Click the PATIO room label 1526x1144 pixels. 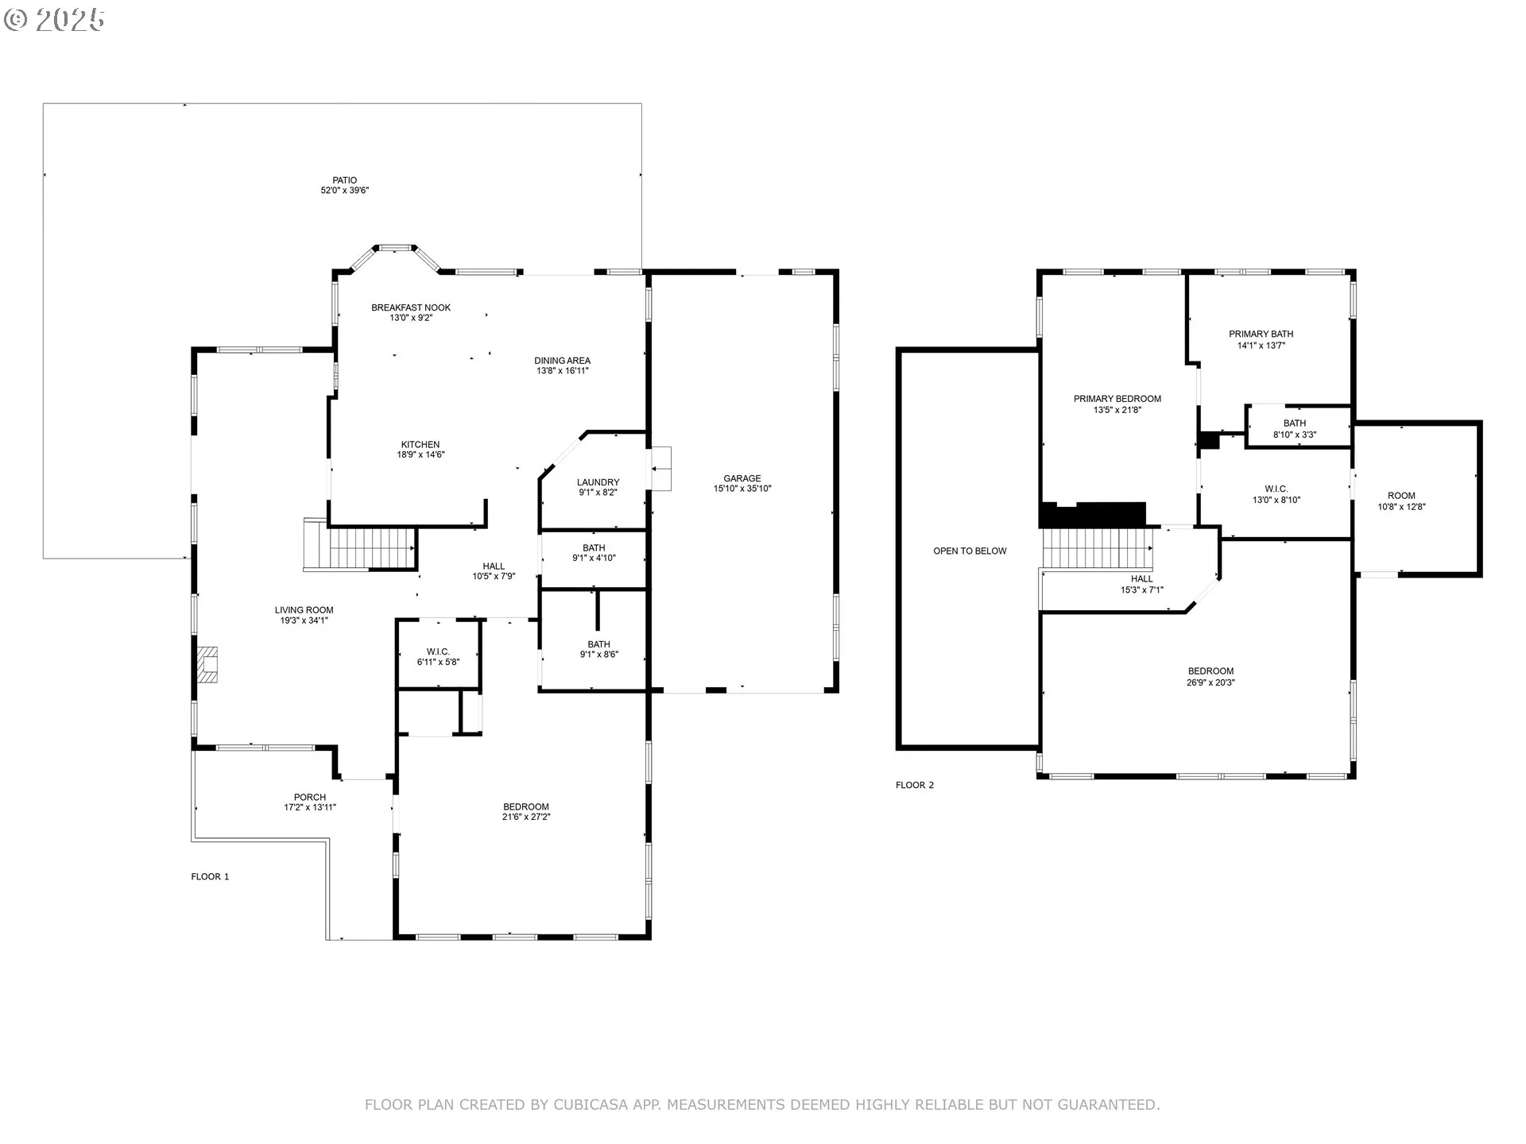(x=345, y=180)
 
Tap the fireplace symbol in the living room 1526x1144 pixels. (x=207, y=665)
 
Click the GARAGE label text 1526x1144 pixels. (x=742, y=478)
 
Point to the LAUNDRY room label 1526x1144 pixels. (x=598, y=482)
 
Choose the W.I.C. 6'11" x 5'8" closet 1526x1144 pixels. (x=438, y=657)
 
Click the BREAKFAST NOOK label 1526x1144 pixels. (x=411, y=307)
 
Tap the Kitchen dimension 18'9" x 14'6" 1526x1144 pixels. (x=420, y=455)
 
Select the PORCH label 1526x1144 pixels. (x=309, y=797)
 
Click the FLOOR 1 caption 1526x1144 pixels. (x=210, y=877)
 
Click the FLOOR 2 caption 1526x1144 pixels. (x=915, y=785)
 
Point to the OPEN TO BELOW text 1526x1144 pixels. (x=970, y=551)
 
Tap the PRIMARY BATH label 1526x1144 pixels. (x=1261, y=334)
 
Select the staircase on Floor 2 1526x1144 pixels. (x=1097, y=548)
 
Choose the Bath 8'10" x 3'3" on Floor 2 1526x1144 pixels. (x=1294, y=429)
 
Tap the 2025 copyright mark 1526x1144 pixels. (x=55, y=20)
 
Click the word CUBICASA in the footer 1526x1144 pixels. (x=590, y=1104)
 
